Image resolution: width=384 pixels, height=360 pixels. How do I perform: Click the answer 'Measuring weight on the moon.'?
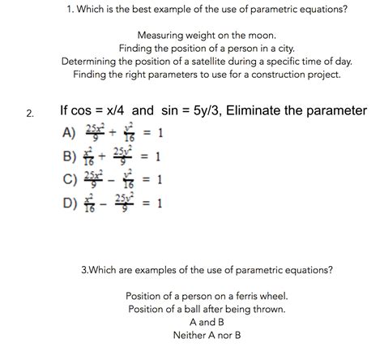coord(207,36)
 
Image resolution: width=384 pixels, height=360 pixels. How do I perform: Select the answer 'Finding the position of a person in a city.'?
coord(207,49)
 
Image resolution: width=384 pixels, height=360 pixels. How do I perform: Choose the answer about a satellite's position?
coord(207,62)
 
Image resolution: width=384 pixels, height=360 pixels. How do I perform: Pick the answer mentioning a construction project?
coord(207,75)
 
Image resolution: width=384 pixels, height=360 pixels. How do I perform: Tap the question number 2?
coord(30,114)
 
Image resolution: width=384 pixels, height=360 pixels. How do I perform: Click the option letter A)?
coord(70,133)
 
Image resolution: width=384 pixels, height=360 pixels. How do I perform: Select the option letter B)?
coord(70,156)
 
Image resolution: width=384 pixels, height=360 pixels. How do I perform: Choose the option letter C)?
coord(70,178)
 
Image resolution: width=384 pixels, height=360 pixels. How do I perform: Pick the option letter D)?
coord(70,200)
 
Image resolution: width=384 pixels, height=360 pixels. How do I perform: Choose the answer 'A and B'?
coord(207,321)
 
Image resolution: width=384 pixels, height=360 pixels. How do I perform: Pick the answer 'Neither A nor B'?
coord(207,334)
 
